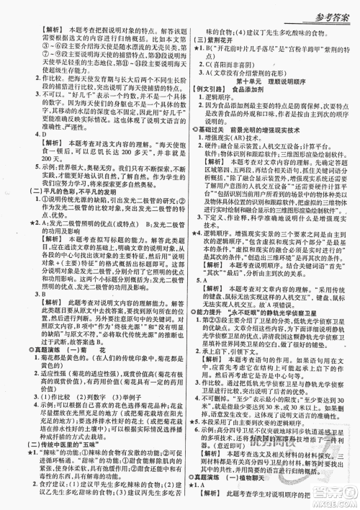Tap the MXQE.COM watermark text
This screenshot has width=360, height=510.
[330, 501]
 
